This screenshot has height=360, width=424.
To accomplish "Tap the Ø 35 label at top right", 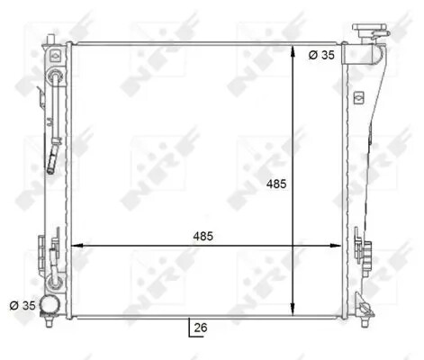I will click(x=322, y=54).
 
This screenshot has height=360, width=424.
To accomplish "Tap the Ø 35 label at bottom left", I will click(x=23, y=305).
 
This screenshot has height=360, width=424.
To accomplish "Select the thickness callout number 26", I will click(x=200, y=328).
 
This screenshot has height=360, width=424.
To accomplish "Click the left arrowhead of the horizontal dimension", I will click(x=76, y=244).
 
